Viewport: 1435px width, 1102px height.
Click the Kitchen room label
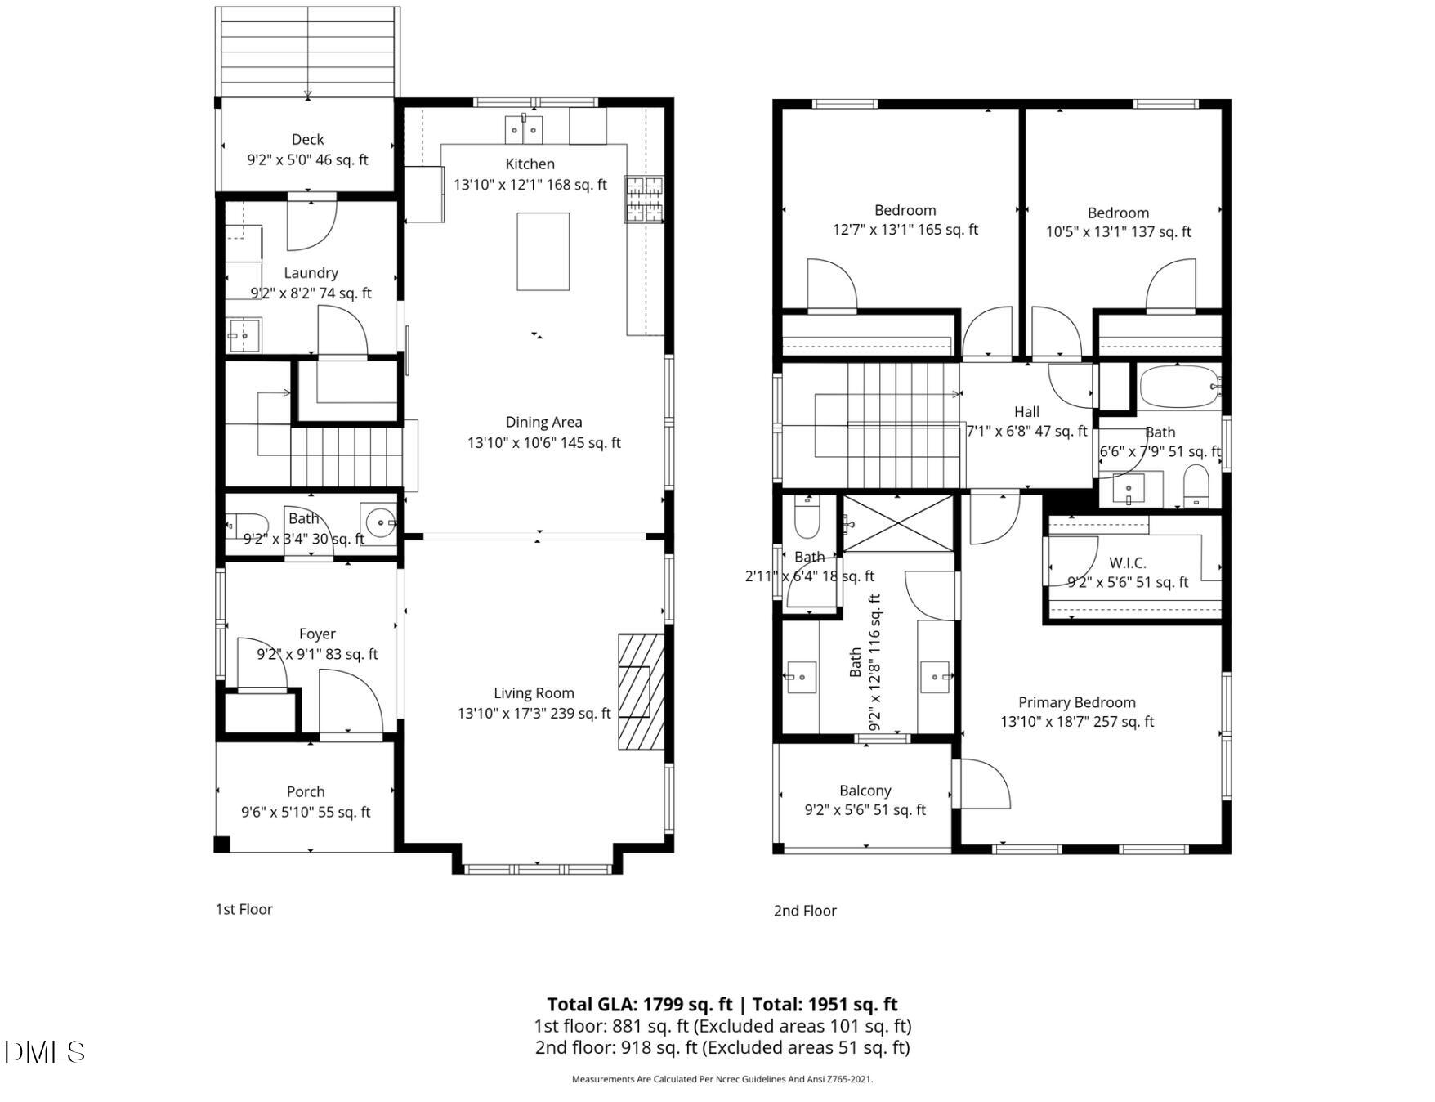(530, 164)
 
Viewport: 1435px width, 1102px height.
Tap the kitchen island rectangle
(543, 251)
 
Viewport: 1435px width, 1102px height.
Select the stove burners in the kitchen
(645, 199)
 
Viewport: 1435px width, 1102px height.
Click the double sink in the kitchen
(524, 129)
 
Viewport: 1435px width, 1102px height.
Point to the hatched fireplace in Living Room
(641, 692)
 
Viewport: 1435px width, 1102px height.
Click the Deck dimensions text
(307, 159)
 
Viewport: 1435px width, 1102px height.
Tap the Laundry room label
(311, 272)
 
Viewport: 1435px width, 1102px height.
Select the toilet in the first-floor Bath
(248, 523)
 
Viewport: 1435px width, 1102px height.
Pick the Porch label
(306, 791)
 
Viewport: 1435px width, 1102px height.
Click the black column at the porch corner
(222, 844)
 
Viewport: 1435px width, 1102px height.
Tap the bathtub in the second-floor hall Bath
(1178, 387)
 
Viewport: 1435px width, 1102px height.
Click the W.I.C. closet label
(1127, 562)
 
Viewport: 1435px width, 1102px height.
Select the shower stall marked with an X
(898, 523)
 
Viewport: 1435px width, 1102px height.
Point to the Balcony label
(865, 791)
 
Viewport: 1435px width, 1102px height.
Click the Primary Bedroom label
(1076, 702)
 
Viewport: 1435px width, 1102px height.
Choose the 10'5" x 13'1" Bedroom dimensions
(1118, 232)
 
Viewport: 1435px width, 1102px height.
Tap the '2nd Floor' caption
(805, 911)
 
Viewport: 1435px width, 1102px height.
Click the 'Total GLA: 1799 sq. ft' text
(639, 1004)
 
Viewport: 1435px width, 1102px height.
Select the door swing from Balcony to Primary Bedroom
(985, 783)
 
